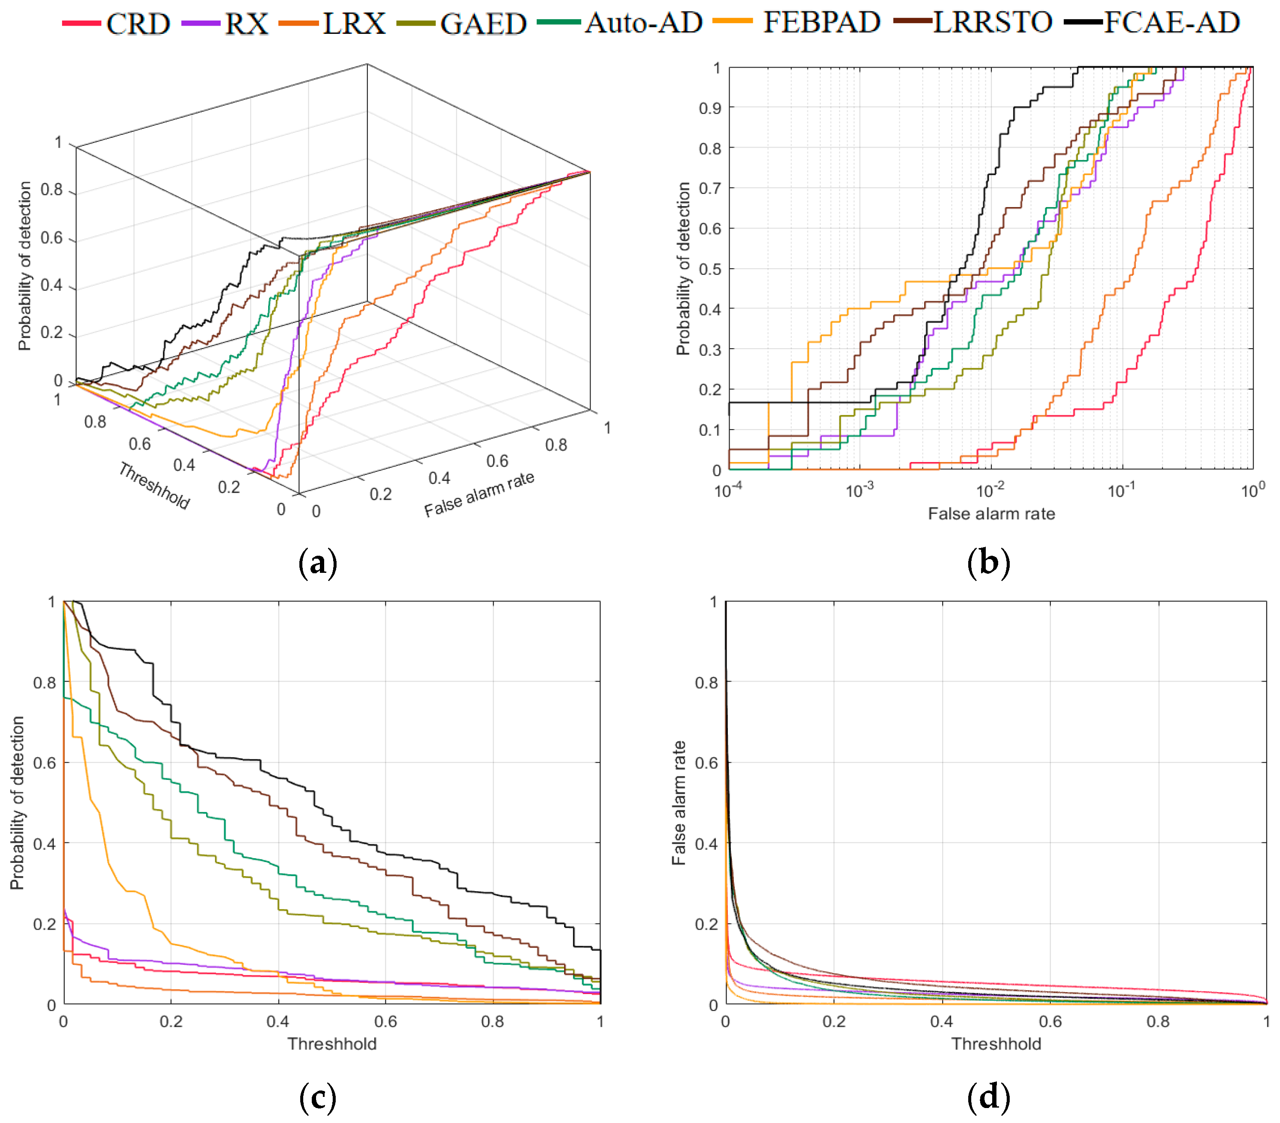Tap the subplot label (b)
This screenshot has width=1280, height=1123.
[988, 563]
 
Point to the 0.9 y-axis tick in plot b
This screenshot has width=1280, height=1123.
[709, 108]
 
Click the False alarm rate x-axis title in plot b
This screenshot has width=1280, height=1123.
[990, 514]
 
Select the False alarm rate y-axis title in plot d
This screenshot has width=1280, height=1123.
[679, 803]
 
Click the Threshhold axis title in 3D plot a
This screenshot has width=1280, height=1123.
[154, 486]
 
